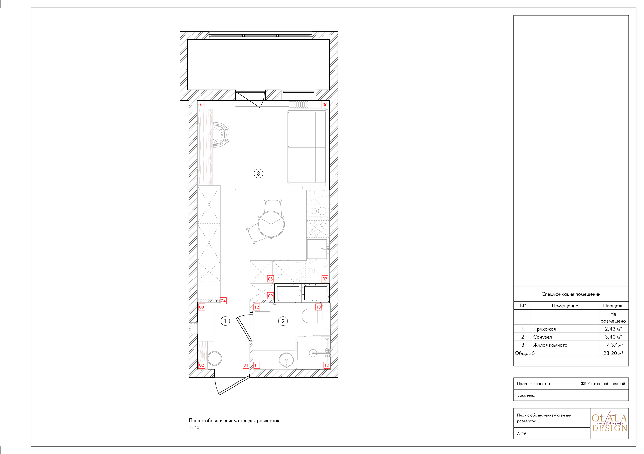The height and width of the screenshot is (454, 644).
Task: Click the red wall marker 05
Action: click(x=201, y=105)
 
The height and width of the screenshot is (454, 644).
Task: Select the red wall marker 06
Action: click(x=325, y=105)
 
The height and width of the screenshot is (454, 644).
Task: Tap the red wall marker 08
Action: click(x=270, y=279)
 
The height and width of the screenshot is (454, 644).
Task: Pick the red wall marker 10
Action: click(x=327, y=365)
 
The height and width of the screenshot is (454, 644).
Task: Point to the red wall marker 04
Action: click(x=223, y=301)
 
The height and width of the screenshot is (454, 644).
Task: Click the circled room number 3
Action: click(x=258, y=173)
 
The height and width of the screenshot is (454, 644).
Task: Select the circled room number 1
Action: click(x=225, y=321)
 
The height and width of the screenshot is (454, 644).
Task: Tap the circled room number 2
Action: click(x=283, y=321)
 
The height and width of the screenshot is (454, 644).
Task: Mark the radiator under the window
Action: click(x=298, y=104)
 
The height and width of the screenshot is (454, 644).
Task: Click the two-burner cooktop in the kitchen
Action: click(x=318, y=211)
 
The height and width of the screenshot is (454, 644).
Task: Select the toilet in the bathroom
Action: click(x=311, y=316)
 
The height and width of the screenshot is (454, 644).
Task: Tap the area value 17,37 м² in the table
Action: click(x=613, y=345)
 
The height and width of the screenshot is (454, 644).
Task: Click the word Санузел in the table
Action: click(x=542, y=337)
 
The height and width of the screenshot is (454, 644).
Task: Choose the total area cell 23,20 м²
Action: click(x=613, y=353)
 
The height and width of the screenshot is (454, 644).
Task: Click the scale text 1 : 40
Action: click(x=194, y=427)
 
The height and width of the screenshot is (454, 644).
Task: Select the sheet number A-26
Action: click(x=522, y=434)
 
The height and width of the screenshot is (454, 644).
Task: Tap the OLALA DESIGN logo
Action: click(x=609, y=423)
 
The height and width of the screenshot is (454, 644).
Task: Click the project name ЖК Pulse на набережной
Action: click(x=602, y=383)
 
